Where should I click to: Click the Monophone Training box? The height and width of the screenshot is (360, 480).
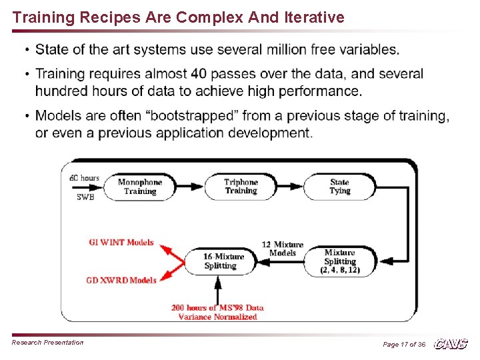click(140, 187)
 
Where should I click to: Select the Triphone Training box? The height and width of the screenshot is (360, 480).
click(241, 187)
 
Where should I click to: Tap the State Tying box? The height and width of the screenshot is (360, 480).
click(339, 187)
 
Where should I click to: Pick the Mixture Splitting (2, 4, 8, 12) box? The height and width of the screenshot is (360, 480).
click(340, 261)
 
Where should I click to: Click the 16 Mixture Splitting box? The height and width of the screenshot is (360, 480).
click(221, 261)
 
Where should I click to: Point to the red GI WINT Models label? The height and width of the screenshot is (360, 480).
click(121, 243)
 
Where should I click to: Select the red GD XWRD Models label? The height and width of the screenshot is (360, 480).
click(121, 280)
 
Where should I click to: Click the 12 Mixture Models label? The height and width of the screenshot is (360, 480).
click(283, 249)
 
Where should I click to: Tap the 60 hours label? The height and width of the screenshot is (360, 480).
click(85, 178)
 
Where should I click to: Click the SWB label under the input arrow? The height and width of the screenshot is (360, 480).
click(85, 197)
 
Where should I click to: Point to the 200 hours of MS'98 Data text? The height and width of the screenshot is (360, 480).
click(217, 307)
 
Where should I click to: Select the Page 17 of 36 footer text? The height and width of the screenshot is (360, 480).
click(404, 344)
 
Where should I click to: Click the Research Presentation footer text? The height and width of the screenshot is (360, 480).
click(48, 343)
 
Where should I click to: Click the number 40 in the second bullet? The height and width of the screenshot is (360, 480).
click(198, 74)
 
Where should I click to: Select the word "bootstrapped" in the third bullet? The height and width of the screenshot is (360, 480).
click(181, 116)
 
